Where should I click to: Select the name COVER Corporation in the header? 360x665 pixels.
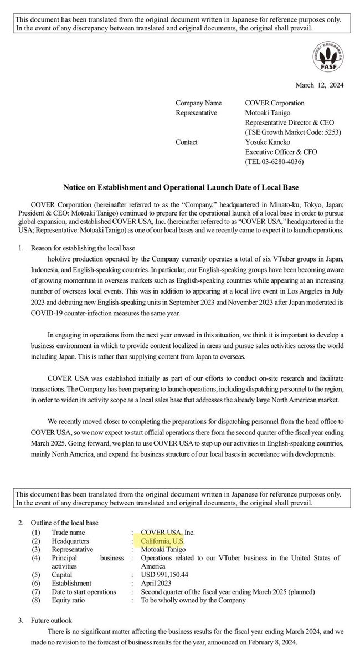pyautogui.click(x=275, y=103)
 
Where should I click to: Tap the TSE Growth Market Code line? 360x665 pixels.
pyautogui.click(x=292, y=132)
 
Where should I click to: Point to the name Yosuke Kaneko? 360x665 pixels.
pyautogui.click(x=271, y=142)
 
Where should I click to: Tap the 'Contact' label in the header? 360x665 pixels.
pyautogui.click(x=187, y=142)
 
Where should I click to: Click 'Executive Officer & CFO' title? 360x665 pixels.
pyautogui.click(x=282, y=151)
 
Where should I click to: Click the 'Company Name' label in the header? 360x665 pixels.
pyautogui.click(x=198, y=103)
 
